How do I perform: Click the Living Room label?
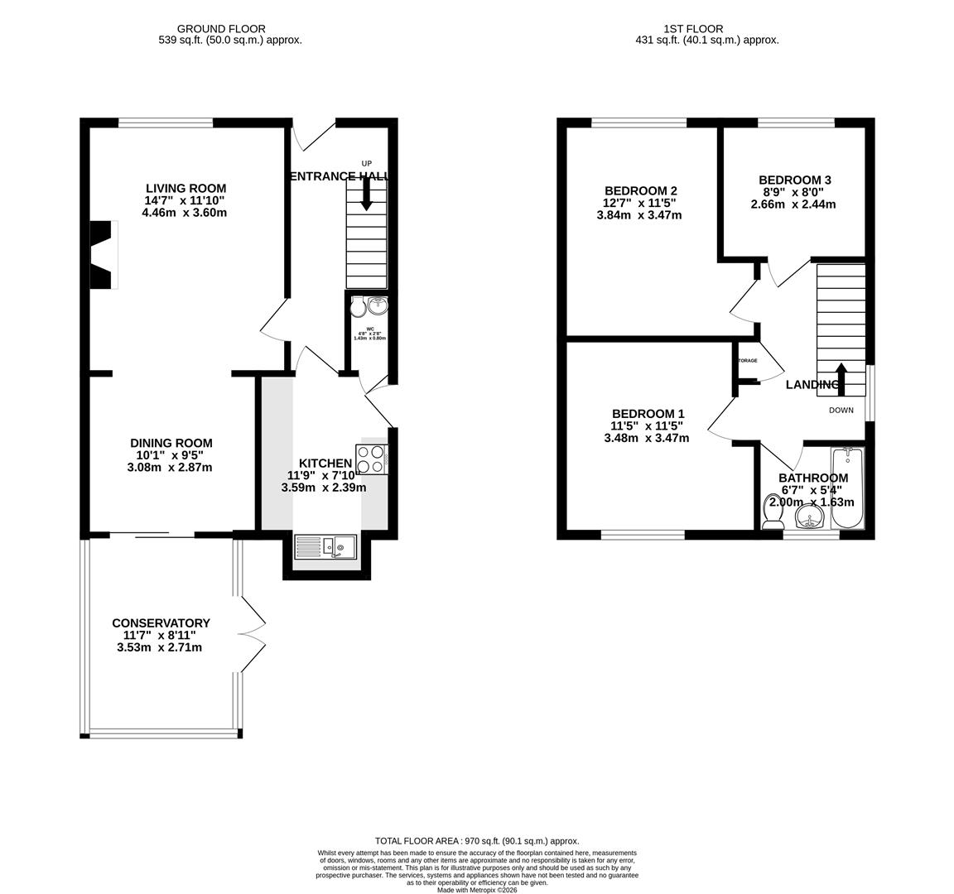185,188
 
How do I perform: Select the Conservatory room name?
161,623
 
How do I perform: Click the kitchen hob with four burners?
372,459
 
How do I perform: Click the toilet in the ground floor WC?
357,307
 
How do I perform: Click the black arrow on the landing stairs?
841,375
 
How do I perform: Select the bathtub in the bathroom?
846,488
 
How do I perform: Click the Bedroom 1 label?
648,414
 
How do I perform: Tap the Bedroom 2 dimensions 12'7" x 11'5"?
638,203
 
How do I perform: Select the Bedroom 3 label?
794,180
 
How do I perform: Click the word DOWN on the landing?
841,411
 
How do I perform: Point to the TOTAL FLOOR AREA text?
477,840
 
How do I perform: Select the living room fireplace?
102,255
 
